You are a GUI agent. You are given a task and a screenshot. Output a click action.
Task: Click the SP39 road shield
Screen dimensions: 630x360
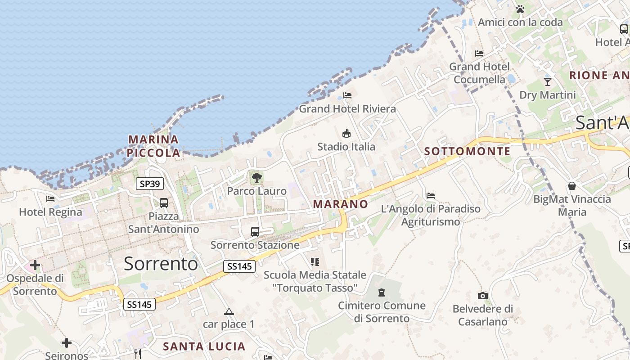tap(150, 184)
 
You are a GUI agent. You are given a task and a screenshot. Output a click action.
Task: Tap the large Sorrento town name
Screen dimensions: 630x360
tap(161, 263)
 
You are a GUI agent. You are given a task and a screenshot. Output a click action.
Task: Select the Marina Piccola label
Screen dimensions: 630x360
tap(153, 146)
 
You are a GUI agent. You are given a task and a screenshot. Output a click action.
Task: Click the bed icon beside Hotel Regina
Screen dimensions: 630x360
tap(50, 198)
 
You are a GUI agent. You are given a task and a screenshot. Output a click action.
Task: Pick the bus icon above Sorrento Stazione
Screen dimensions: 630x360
tap(255, 232)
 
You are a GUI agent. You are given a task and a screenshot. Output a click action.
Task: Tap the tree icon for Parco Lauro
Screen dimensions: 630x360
tap(257, 177)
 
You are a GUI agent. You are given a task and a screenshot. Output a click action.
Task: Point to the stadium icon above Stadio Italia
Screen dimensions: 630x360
tap(346, 133)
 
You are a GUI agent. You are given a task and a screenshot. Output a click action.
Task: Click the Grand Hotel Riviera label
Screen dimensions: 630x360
tap(347, 109)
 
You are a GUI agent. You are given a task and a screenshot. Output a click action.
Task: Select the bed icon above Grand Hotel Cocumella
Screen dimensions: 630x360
tap(479, 54)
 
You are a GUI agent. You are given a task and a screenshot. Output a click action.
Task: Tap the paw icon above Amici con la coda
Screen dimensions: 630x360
tap(520, 9)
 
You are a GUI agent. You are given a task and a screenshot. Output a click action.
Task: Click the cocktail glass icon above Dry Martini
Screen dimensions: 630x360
tap(548, 81)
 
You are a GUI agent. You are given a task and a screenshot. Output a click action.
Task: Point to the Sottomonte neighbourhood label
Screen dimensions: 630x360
tap(468, 151)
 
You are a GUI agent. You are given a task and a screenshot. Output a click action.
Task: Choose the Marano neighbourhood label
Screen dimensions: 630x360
tap(341, 204)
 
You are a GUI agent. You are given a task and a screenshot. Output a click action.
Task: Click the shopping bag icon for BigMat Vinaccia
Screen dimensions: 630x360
tap(572, 186)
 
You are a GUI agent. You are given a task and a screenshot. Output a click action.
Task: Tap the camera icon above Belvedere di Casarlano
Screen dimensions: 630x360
tap(483, 296)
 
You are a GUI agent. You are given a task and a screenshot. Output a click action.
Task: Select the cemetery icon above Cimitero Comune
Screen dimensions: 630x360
tap(382, 292)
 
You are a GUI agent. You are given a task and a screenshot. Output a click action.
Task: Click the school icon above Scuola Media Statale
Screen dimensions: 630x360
tap(315, 261)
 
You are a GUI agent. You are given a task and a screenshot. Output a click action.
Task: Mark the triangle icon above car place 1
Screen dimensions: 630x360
tap(229, 311)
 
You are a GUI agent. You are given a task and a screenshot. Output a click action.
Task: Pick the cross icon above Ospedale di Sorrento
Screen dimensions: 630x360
tap(35, 265)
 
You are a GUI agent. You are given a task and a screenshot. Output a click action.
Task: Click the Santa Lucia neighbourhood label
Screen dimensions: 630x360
tap(204, 346)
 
